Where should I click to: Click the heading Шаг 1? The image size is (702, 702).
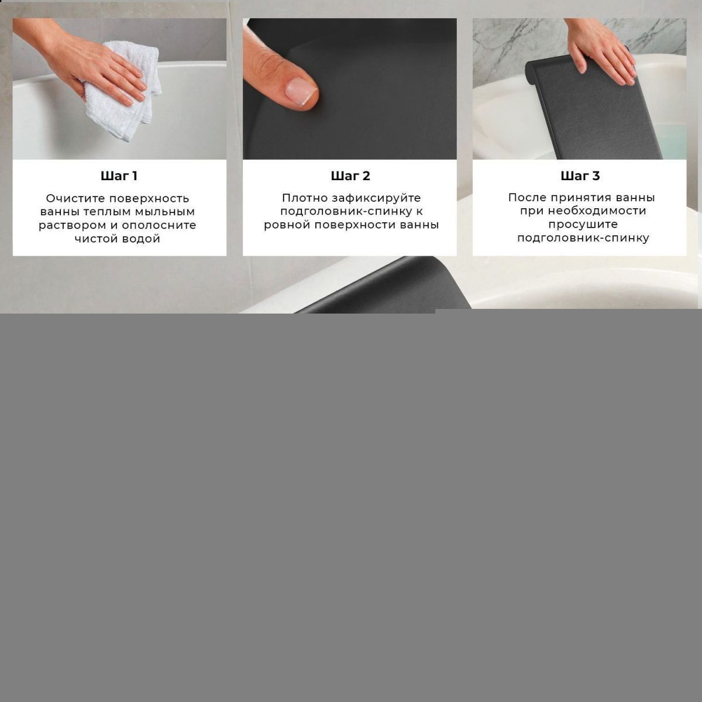(119, 176)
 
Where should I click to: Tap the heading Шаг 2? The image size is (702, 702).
(350, 176)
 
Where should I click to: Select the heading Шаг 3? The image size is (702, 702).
(580, 176)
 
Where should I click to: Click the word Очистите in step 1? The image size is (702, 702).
(75, 198)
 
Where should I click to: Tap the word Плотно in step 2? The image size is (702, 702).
(305, 198)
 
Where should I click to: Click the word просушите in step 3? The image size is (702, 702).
(583, 225)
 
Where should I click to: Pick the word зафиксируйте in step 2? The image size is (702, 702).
(376, 198)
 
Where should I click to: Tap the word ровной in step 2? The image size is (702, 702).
(287, 225)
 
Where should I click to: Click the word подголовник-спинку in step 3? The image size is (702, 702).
(583, 238)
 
